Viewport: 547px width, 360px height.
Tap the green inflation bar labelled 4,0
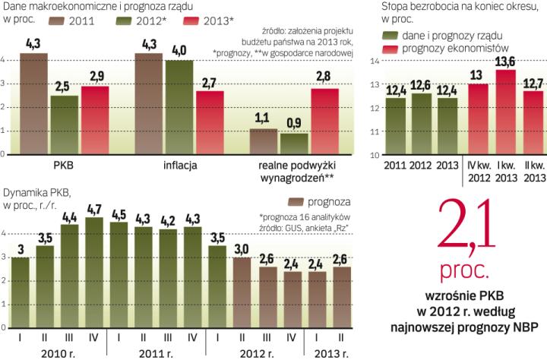[x=179, y=107]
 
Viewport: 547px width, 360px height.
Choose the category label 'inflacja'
[x=179, y=165]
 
